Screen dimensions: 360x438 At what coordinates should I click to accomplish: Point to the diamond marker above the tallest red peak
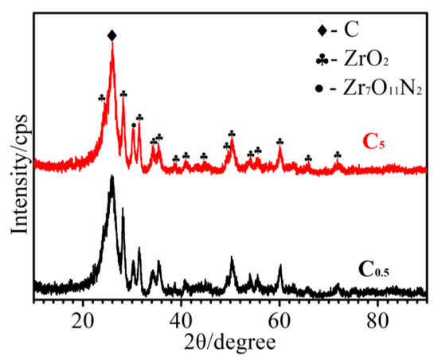[x=111, y=35]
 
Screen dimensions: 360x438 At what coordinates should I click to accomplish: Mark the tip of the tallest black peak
[x=112, y=176]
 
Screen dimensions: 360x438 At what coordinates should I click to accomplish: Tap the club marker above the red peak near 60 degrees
[x=280, y=142]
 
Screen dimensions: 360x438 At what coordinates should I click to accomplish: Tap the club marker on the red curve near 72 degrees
[x=338, y=155]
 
